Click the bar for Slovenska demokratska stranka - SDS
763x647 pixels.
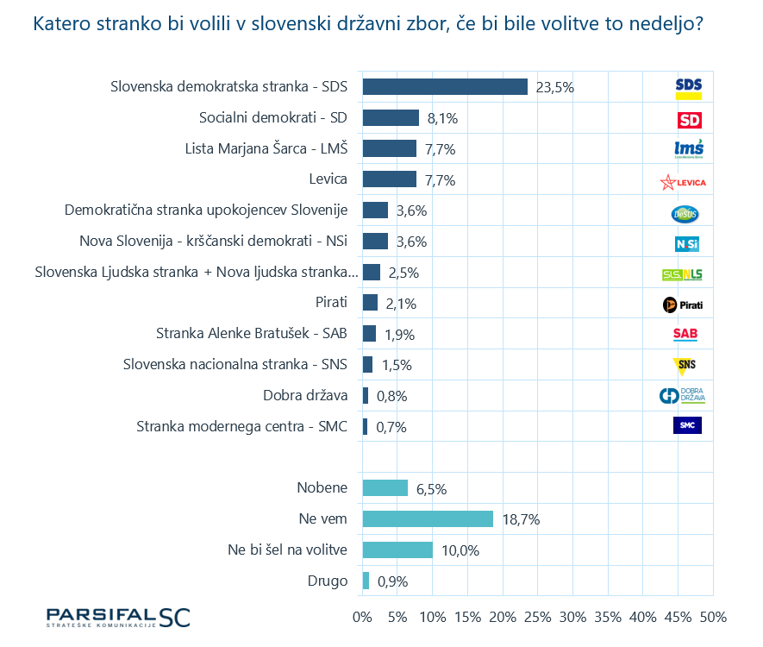pos(445,86)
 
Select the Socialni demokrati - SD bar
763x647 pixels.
pos(391,117)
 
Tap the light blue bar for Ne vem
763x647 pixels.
pos(428,519)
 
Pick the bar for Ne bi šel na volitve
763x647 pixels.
pos(397,550)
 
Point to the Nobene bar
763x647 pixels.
pos(385,488)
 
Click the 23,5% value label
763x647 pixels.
pos(554,87)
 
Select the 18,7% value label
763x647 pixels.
pos(520,520)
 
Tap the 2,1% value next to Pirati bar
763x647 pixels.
pos(401,303)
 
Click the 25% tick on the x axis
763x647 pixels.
pos(537,618)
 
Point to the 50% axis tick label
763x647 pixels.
pos(712,618)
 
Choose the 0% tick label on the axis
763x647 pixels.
pos(363,618)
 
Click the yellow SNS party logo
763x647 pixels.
pos(686,365)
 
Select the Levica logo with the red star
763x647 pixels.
pos(683,182)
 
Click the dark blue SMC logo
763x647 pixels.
pos(687,425)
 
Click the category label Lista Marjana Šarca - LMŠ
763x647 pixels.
pos(266,148)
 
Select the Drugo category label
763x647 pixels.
pos(327,581)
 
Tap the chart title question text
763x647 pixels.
pos(367,23)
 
